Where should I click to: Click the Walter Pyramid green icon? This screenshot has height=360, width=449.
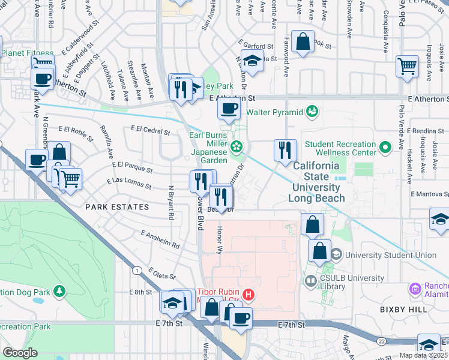point(312,111)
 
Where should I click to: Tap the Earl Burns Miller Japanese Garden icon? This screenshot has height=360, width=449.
point(237,146)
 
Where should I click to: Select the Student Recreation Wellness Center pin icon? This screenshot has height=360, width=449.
point(384,146)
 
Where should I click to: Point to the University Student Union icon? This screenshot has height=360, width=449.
point(336,255)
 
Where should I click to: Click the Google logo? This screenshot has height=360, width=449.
point(20,353)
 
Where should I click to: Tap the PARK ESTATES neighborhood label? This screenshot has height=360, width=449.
point(117,207)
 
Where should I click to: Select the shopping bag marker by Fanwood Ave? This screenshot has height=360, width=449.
point(303,42)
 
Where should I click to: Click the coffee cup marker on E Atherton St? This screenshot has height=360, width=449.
point(228,109)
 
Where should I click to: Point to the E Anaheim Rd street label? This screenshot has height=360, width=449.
point(160,239)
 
